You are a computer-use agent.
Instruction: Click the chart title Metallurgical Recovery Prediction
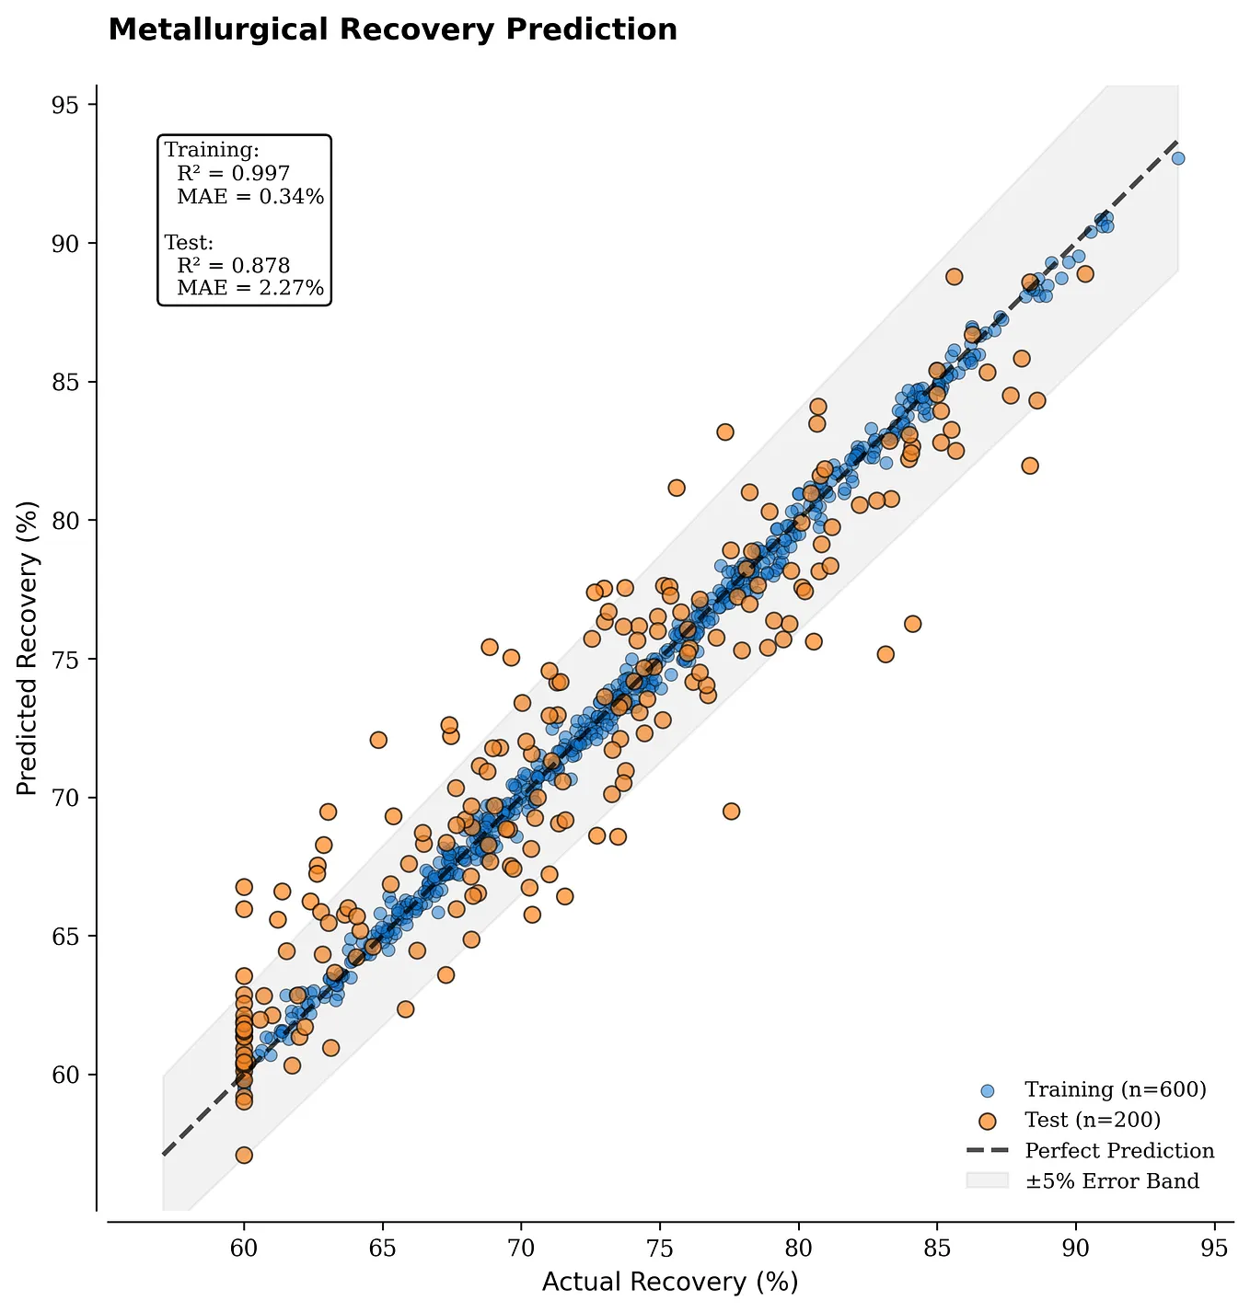click(x=392, y=30)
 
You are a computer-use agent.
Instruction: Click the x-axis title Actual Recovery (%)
click(x=669, y=1282)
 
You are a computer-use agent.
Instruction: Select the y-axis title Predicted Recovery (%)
click(x=28, y=648)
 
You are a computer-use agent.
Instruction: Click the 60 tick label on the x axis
click(x=244, y=1249)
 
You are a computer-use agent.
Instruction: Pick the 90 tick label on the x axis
click(x=1076, y=1249)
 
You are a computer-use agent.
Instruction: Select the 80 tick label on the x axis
click(x=798, y=1249)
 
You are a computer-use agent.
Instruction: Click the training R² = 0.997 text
click(x=234, y=173)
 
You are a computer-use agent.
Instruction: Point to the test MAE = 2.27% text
click(x=250, y=289)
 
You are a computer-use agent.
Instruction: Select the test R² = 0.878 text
click(x=234, y=266)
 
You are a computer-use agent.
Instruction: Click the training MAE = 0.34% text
click(x=250, y=196)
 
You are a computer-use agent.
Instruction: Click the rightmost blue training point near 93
click(x=1178, y=158)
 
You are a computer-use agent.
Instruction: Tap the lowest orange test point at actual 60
click(x=244, y=1156)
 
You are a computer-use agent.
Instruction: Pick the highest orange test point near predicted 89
click(x=954, y=277)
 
